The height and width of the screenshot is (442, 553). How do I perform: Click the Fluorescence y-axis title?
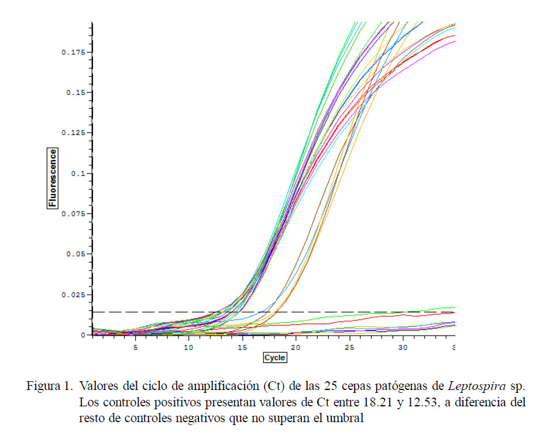[53, 178]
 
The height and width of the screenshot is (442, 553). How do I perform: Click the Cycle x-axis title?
[275, 357]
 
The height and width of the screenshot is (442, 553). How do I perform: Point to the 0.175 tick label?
[73, 53]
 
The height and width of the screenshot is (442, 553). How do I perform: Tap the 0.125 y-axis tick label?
[73, 133]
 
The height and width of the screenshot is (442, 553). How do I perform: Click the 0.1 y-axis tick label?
[79, 174]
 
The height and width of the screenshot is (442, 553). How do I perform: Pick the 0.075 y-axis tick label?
[73, 214]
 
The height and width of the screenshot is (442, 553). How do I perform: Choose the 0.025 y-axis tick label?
[73, 295]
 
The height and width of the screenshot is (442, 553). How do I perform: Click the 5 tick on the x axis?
[135, 347]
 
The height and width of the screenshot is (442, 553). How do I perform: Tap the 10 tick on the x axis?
[188, 347]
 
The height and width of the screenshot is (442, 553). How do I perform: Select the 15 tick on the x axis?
[242, 347]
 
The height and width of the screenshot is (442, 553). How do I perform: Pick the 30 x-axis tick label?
[402, 347]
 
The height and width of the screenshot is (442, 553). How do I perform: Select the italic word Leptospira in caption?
[472, 387]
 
